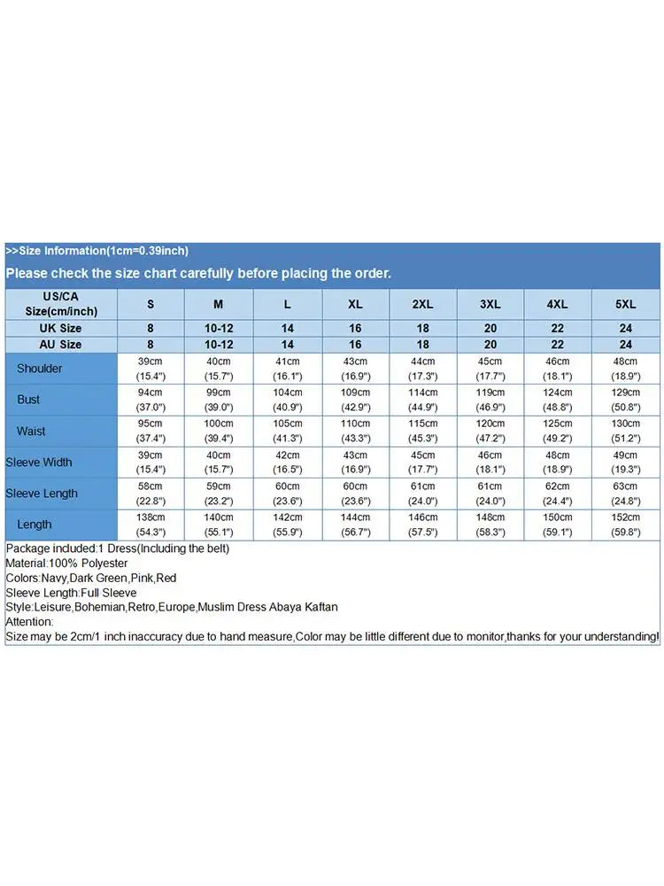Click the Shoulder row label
(40, 369)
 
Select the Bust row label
(29, 400)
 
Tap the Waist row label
(31, 431)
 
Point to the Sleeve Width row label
(39, 462)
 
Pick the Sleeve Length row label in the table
(42, 494)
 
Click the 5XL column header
(626, 304)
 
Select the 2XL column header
(423, 304)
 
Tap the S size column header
(151, 304)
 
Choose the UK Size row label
(60, 328)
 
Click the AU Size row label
(60, 345)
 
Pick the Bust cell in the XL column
(355, 400)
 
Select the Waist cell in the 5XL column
(626, 431)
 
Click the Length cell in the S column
(151, 525)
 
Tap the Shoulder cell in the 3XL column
(490, 369)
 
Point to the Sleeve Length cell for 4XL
(558, 494)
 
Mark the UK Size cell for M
(219, 328)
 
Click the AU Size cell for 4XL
(558, 345)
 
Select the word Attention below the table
(30, 622)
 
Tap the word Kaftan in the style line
(319, 607)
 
